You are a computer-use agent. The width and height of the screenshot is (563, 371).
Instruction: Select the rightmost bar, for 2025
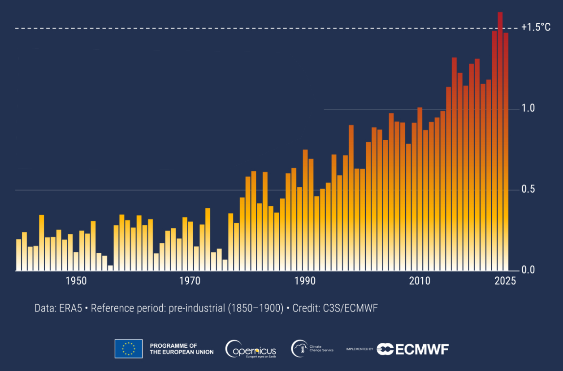[506, 152]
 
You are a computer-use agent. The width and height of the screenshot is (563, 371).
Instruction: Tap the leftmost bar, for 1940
[19, 255]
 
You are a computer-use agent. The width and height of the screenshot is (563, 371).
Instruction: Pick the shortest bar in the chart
[110, 268]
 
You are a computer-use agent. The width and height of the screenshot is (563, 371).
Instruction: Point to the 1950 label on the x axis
[76, 281]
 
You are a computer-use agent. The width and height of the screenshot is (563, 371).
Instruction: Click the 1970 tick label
[191, 281]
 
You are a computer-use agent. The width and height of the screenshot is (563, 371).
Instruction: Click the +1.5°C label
[536, 28]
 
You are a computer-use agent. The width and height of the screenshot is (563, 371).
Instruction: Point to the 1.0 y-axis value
[528, 108]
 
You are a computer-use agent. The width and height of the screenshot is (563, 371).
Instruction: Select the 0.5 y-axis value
[528, 190]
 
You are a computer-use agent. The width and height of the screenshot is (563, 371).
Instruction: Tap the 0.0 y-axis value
[528, 271]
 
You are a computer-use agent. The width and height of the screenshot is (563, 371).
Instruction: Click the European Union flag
[129, 349]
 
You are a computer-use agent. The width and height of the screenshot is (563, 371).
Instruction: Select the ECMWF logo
[412, 349]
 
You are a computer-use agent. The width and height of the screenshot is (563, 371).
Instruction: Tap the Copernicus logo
[251, 349]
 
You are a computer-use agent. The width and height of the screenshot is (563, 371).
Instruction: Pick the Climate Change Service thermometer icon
[299, 349]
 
